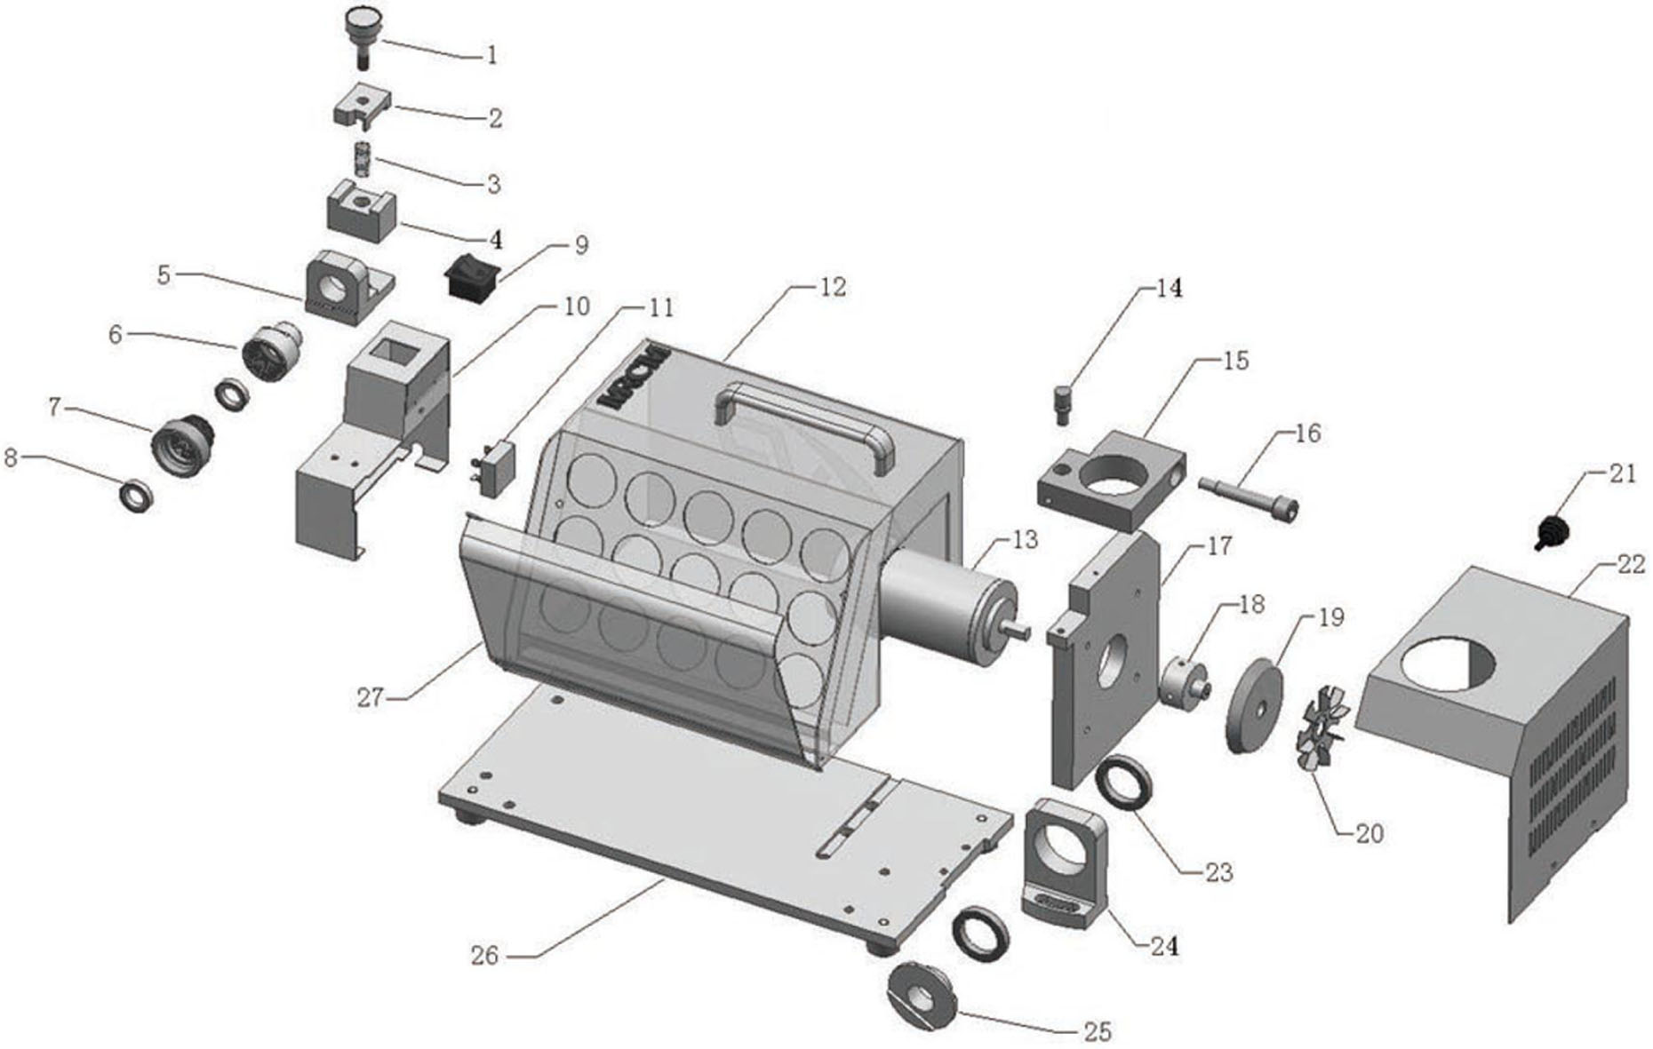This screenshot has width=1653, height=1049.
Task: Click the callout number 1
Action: (x=491, y=55)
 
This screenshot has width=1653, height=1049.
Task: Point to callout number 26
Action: (x=484, y=956)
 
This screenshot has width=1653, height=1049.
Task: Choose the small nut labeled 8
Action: (x=137, y=495)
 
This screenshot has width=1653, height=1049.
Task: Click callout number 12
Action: (x=834, y=288)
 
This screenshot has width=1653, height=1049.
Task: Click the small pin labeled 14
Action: (x=1063, y=404)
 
